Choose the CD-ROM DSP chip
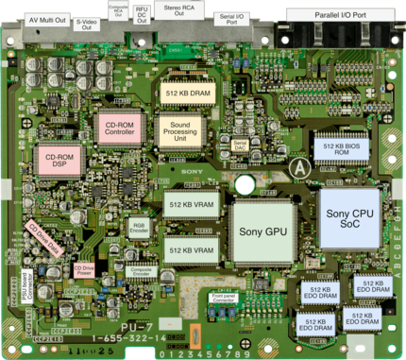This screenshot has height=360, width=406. tap(59, 161)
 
